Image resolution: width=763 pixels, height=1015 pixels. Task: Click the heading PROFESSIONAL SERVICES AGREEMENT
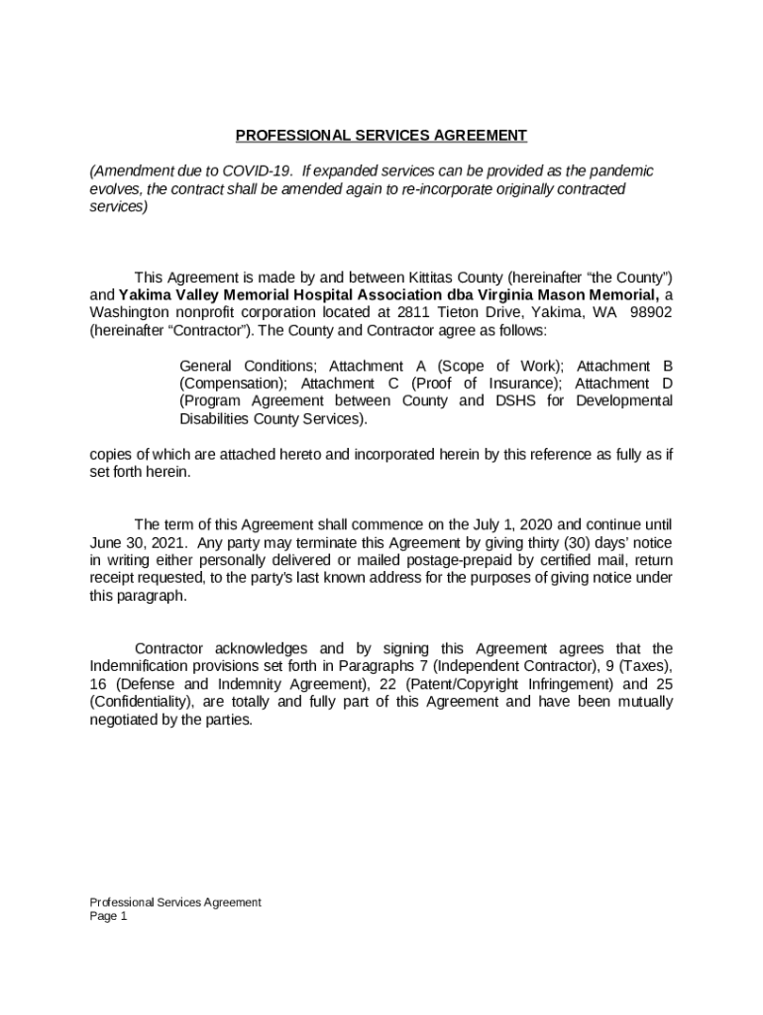click(381, 136)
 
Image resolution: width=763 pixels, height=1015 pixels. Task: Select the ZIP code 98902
click(653, 312)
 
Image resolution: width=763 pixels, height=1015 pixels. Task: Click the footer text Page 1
click(109, 917)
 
